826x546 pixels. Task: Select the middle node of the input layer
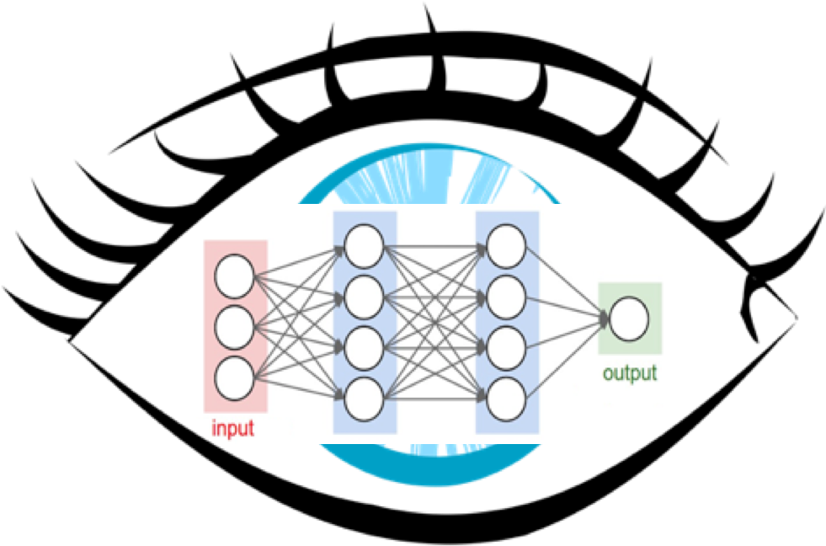[234, 328]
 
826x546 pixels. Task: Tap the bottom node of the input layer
[234, 378]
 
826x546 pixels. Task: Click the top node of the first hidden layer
[364, 246]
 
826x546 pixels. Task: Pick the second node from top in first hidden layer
[364, 295]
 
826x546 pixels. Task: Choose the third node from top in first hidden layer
[364, 345]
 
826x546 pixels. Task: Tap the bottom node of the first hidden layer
[364, 396]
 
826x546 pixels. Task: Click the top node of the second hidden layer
[506, 246]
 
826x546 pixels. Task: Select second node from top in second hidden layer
[506, 295]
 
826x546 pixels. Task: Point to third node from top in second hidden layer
[506, 345]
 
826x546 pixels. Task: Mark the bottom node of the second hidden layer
[506, 396]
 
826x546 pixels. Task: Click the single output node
[629, 320]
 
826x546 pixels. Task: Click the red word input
[233, 429]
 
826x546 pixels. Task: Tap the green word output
[629, 373]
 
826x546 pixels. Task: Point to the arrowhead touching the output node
[605, 319]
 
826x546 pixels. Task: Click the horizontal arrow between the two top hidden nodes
[434, 246]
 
